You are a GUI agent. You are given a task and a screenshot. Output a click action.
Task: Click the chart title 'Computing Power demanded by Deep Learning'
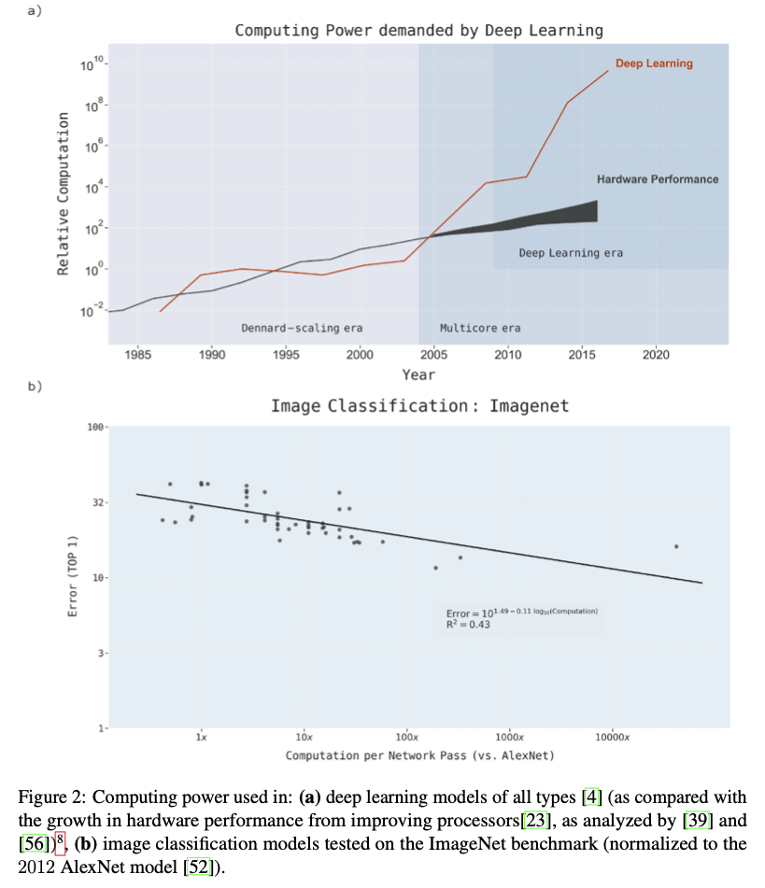coord(418,30)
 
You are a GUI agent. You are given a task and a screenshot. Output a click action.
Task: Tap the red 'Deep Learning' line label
coord(653,63)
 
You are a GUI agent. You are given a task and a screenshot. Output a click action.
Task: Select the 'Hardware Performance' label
coord(658,178)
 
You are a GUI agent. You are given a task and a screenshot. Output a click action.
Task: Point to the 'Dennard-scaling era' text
coord(302,328)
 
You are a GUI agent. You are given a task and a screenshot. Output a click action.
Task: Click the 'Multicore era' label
coord(480,328)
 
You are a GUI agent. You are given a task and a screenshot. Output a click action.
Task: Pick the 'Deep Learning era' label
coord(571,252)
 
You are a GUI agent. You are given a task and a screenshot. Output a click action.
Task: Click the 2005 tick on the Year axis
coord(434,356)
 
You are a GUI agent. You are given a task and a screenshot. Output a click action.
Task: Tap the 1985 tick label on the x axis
coord(137,356)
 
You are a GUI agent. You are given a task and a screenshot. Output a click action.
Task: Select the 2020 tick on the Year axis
coord(656,356)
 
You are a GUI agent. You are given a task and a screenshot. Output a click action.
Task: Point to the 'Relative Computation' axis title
coord(64,193)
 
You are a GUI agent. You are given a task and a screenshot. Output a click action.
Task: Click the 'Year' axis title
coord(418,374)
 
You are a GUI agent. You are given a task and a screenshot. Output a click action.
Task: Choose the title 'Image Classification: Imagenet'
coord(419,405)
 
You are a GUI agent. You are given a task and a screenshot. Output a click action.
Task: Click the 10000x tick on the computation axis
coord(613,738)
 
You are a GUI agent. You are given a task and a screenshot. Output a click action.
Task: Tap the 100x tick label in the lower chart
coord(405,738)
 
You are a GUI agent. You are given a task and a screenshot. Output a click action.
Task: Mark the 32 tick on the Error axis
coord(95,502)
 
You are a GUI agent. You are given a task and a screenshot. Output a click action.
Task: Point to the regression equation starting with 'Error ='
coord(521,612)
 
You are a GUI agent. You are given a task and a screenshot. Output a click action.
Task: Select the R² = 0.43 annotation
coord(468,624)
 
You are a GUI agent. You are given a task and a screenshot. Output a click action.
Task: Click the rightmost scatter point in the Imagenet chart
coord(675,546)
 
